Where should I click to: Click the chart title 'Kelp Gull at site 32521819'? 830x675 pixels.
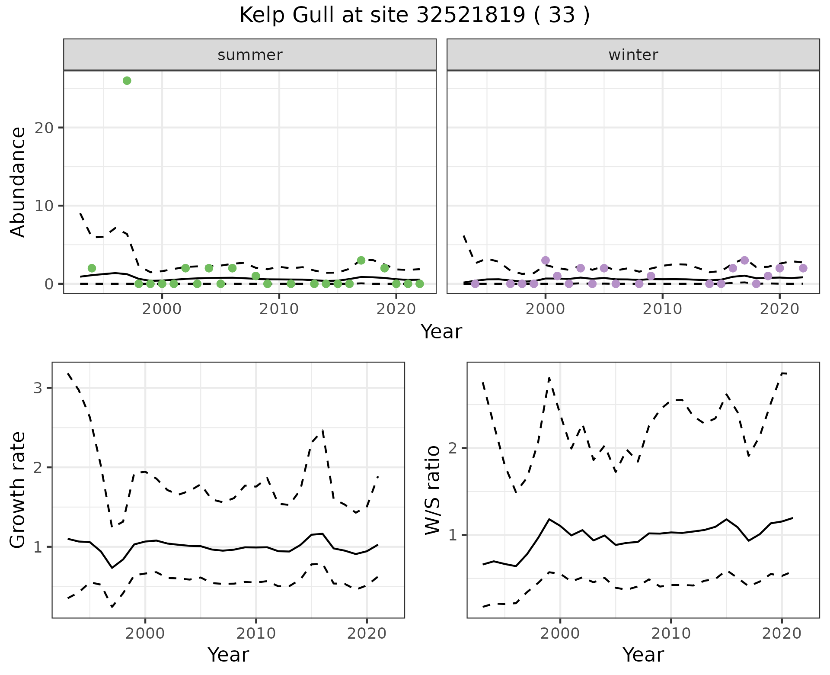click(x=414, y=16)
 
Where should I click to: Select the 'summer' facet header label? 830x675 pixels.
click(x=250, y=55)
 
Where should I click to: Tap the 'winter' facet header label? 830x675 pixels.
click(x=633, y=55)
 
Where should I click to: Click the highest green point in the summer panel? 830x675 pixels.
click(x=127, y=80)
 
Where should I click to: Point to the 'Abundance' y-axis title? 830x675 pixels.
click(x=18, y=182)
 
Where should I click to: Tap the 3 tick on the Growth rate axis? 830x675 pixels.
click(x=38, y=388)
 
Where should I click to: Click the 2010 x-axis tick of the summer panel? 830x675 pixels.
click(x=279, y=309)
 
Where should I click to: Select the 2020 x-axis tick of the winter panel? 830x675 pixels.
click(x=779, y=309)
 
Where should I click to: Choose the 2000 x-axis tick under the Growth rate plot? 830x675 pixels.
click(x=145, y=634)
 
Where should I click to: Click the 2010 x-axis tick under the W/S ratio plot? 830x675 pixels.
click(x=671, y=634)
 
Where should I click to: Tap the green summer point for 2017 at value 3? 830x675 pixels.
click(x=361, y=260)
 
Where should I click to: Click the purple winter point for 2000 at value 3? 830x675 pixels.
click(x=545, y=260)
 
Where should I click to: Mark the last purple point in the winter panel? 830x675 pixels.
click(x=803, y=268)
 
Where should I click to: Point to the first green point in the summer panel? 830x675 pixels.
click(x=92, y=268)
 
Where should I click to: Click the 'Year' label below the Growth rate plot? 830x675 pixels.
click(x=228, y=655)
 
